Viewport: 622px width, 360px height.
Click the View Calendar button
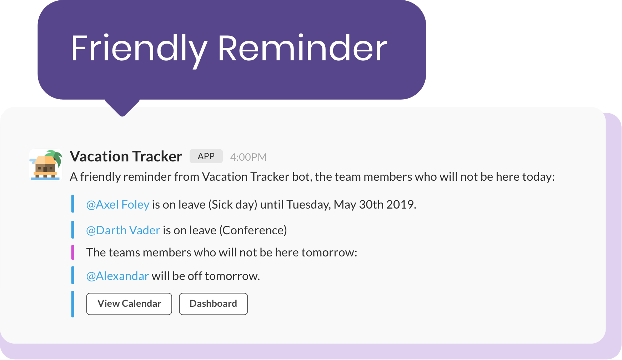point(129,304)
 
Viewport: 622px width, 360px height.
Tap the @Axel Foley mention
point(117,205)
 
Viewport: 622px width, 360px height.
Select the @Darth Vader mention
point(123,230)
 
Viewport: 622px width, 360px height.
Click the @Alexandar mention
point(117,276)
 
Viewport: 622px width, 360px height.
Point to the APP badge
point(206,156)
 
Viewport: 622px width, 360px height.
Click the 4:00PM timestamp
point(248,157)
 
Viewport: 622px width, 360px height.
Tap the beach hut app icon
point(46,165)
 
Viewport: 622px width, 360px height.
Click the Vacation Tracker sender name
point(126,156)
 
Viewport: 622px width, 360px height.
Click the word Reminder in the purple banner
point(302,48)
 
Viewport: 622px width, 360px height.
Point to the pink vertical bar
point(73,252)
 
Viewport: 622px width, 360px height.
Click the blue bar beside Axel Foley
point(73,204)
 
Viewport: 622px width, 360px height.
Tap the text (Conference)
point(253,230)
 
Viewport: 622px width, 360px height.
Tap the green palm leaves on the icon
point(54,156)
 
